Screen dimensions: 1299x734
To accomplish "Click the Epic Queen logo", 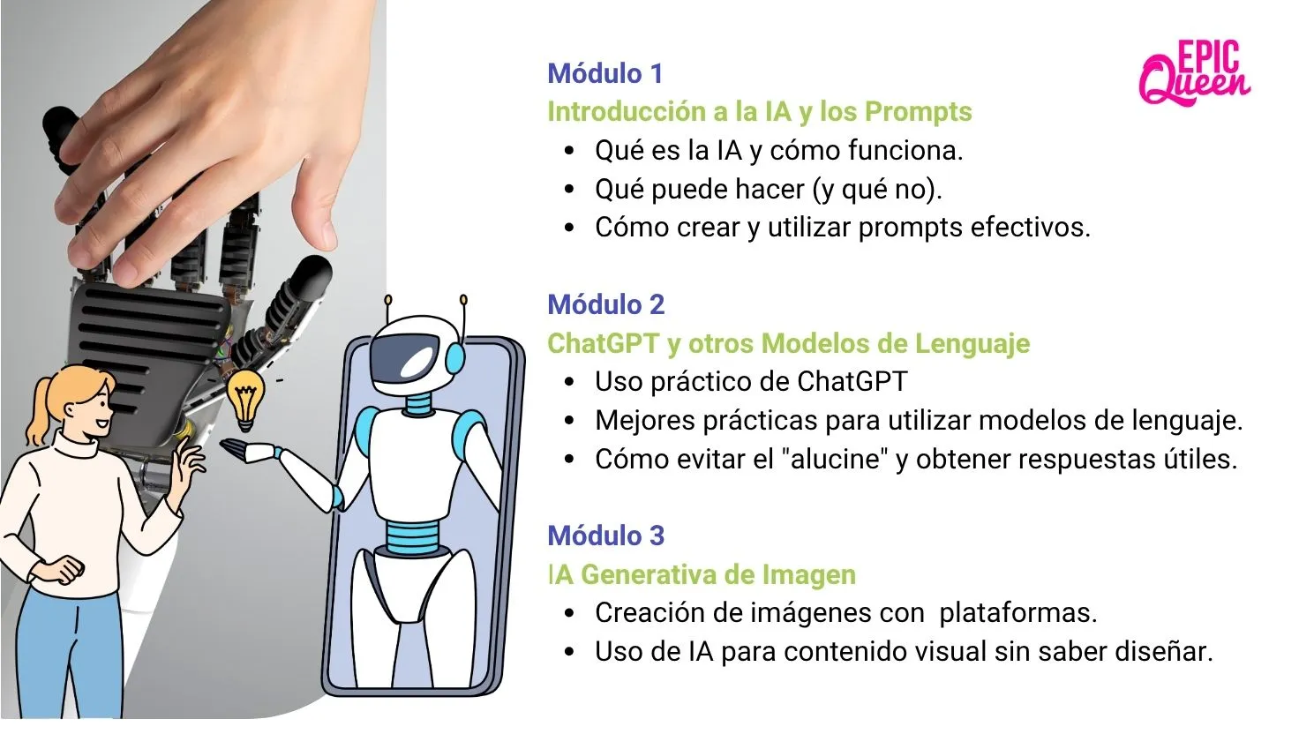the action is [1195, 72].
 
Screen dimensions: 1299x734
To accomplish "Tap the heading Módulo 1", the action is [604, 73].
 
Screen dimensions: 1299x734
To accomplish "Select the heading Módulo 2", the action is [606, 304].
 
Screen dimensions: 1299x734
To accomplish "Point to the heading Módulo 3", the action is [606, 536].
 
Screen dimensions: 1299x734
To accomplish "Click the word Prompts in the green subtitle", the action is [918, 112].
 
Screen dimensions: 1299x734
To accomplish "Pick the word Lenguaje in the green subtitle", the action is [972, 344].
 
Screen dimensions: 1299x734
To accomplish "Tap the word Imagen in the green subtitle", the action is [808, 575].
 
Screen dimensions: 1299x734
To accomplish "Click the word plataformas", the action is [1017, 613].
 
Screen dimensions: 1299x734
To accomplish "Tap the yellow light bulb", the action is [245, 400].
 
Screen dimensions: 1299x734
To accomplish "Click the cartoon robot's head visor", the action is [405, 357].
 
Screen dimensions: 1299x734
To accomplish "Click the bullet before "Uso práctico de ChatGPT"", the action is [569, 381].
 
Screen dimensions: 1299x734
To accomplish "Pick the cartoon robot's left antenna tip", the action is [388, 300].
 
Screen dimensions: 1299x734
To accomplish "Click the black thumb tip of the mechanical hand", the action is [313, 272].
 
